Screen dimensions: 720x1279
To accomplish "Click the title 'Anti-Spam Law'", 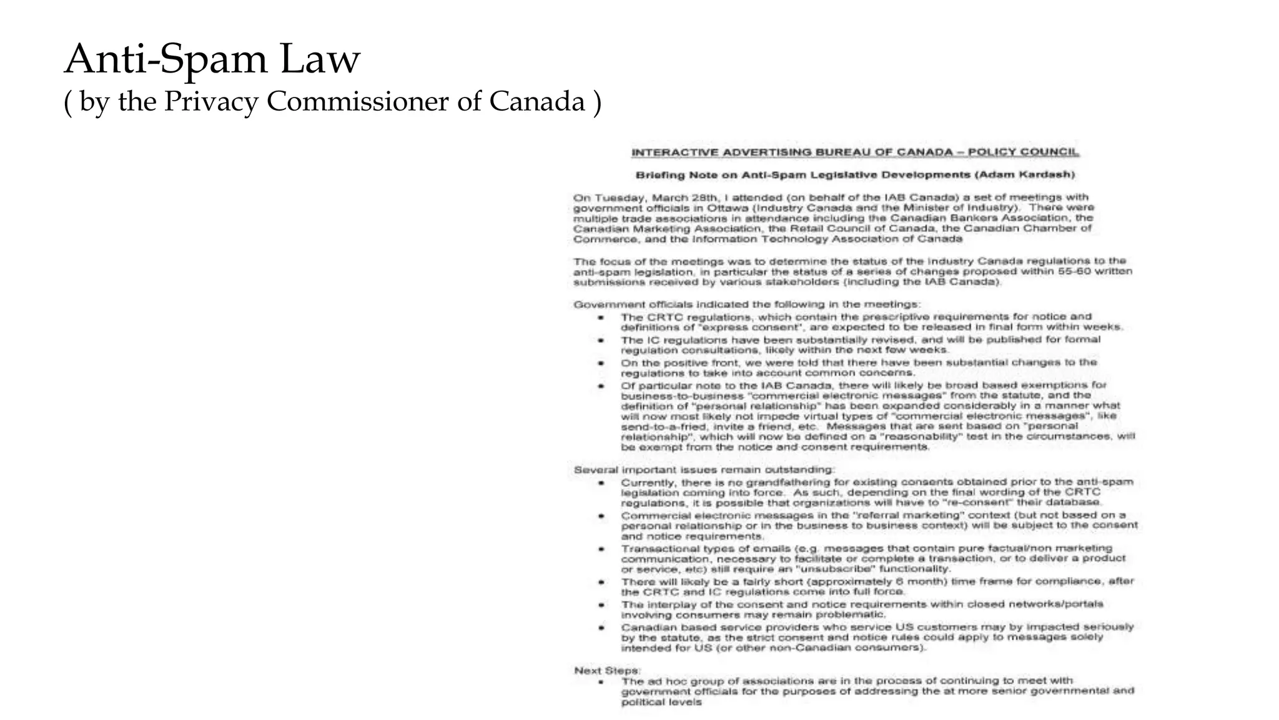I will point(212,59).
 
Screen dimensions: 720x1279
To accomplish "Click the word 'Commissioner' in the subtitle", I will point(357,102).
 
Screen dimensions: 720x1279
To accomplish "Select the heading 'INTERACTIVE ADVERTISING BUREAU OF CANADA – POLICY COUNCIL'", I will point(855,152).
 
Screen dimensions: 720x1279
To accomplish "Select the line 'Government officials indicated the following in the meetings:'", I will point(747,305).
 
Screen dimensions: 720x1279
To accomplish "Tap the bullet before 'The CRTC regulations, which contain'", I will point(601,317).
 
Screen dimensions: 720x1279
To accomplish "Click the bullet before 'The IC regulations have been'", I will point(601,341).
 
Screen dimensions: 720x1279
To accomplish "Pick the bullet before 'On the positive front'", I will point(601,363).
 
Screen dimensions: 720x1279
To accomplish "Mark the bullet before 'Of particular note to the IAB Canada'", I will point(601,386).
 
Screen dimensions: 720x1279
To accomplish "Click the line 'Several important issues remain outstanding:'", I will point(703,470).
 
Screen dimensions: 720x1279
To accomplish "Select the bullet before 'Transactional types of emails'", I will point(601,549).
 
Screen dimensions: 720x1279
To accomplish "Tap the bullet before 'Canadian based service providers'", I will point(601,627).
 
